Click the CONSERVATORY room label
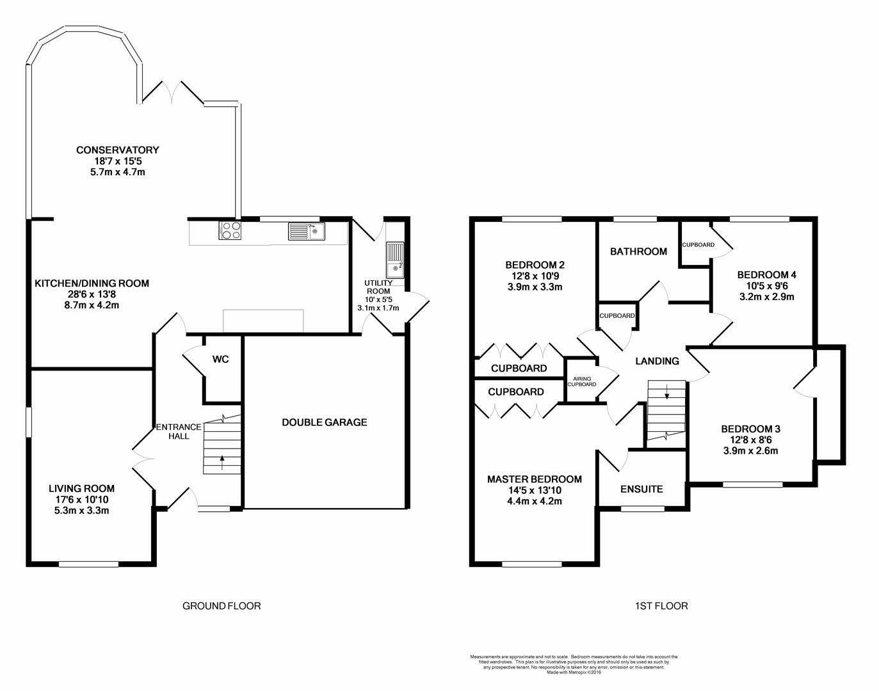[117, 150]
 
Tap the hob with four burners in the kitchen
[230, 230]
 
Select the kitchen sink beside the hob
[307, 230]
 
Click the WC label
[220, 360]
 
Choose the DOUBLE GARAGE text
[325, 422]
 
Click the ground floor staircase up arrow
[222, 459]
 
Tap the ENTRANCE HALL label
[179, 431]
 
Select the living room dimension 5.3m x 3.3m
[81, 511]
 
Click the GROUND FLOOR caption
[222, 606]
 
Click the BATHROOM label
[638, 251]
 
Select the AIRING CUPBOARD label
[582, 382]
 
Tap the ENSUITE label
[641, 489]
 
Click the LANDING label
[657, 361]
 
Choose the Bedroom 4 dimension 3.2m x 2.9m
[766, 296]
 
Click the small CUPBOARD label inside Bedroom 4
[698, 245]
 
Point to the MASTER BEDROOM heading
[535, 479]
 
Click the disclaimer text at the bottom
[574, 664]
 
